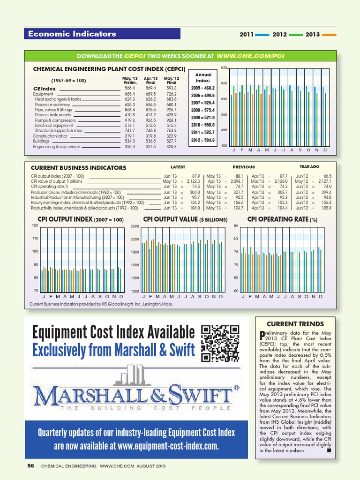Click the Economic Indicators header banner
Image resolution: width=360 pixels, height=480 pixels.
point(102,34)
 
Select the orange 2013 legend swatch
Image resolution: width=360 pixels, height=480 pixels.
point(330,35)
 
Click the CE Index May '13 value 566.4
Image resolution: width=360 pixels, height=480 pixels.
point(129,88)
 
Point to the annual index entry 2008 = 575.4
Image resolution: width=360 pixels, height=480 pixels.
point(203,110)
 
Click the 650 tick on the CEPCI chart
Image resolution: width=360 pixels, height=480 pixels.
point(224,68)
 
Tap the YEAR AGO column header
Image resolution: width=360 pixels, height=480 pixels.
point(309,166)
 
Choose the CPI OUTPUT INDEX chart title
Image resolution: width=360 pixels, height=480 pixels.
point(80,219)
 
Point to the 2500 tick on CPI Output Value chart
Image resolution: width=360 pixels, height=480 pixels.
point(135,227)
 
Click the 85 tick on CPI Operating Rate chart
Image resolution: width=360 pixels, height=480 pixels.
point(236,226)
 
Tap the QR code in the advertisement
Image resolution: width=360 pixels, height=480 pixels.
point(220,344)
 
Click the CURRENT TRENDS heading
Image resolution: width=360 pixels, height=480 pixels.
point(295,324)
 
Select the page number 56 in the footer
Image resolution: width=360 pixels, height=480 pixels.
point(31,466)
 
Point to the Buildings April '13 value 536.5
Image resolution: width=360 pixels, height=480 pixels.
point(150,141)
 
